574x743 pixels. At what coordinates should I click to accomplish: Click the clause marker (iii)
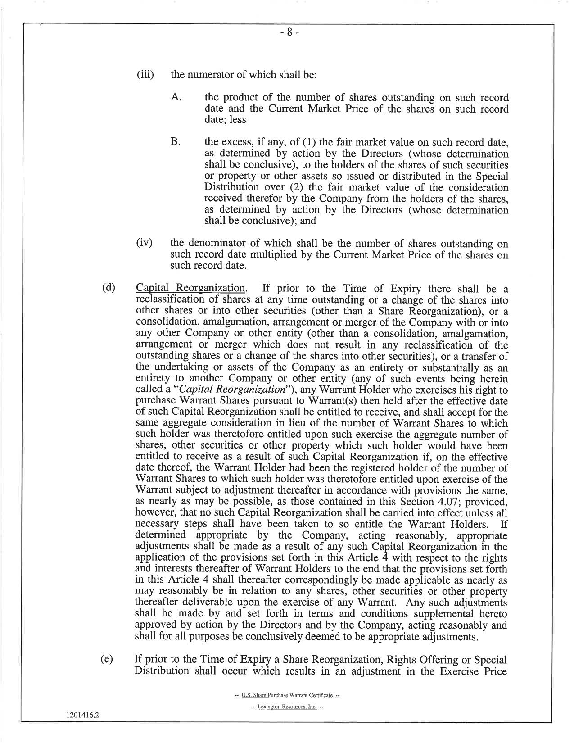click(145, 74)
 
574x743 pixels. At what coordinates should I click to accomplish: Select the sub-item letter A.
click(176, 97)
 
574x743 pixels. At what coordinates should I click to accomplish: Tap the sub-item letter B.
click(176, 142)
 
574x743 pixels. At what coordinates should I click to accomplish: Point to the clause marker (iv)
click(145, 244)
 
